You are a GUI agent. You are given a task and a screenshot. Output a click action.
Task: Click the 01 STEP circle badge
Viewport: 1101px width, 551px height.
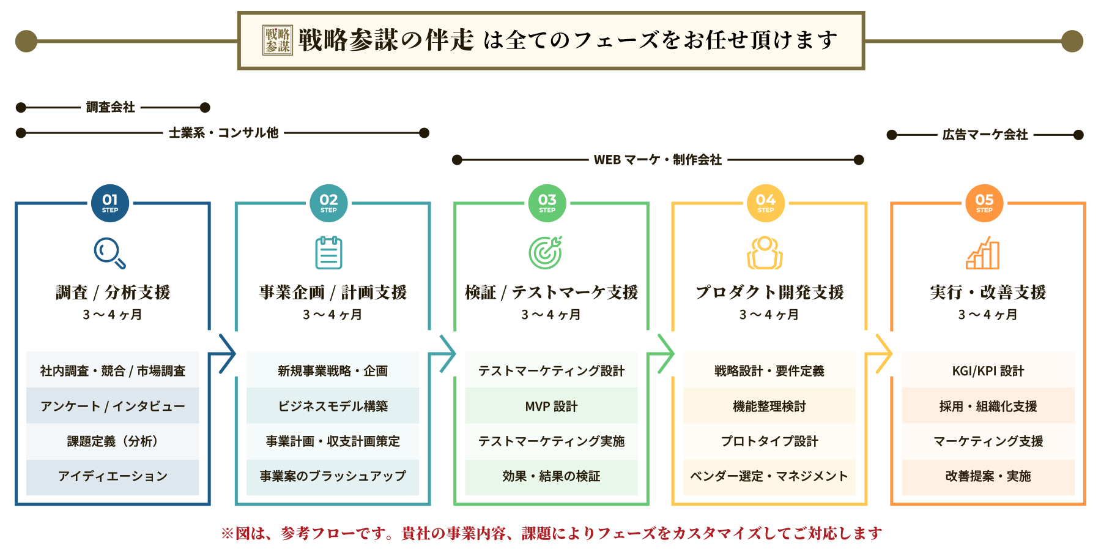click(x=110, y=203)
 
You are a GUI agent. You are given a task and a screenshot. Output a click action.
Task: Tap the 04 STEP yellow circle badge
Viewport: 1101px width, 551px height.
click(x=765, y=203)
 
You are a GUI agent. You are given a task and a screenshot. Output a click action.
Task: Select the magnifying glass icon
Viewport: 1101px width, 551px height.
click(x=110, y=253)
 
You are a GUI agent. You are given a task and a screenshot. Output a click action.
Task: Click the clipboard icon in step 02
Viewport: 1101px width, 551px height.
click(x=328, y=253)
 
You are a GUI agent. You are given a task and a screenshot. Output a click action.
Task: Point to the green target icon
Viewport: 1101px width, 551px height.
click(x=546, y=253)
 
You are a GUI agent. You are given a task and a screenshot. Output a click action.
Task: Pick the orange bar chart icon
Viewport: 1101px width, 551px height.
click(x=983, y=253)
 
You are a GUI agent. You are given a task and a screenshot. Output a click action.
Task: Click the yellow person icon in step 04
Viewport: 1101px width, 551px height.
click(x=765, y=253)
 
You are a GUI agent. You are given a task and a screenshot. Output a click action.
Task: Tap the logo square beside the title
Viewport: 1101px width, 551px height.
click(x=278, y=40)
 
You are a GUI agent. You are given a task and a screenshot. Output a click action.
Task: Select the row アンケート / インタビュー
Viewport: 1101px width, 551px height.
click(x=113, y=406)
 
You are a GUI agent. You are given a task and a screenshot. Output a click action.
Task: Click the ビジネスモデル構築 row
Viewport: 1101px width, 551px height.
click(x=333, y=406)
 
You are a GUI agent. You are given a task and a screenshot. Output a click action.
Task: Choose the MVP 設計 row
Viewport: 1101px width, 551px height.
click(x=551, y=406)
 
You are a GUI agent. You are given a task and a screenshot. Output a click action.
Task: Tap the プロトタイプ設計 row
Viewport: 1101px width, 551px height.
click(x=769, y=441)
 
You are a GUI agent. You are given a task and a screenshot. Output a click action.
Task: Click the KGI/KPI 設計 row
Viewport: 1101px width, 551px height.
click(x=988, y=370)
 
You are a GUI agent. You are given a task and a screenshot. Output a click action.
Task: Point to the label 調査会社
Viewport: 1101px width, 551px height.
click(x=111, y=107)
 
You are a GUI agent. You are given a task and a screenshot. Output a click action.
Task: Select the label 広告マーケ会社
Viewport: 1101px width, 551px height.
click(x=985, y=135)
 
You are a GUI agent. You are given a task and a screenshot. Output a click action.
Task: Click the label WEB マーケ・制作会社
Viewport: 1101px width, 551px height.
click(x=658, y=160)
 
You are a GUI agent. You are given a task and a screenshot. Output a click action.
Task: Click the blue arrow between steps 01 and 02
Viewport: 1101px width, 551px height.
click(x=223, y=354)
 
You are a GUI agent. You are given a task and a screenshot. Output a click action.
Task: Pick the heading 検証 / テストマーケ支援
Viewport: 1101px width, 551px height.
click(x=551, y=293)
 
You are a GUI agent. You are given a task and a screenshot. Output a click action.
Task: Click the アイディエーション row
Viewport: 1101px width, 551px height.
click(x=113, y=476)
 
